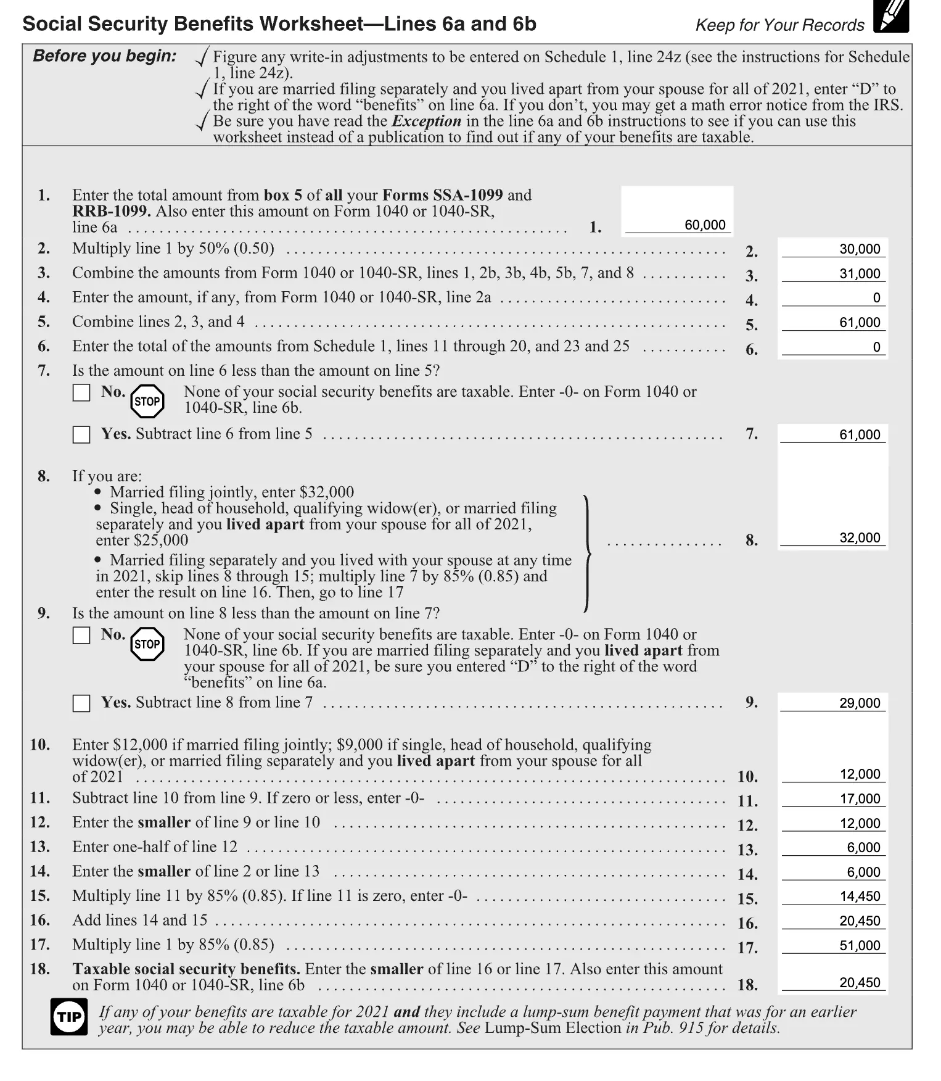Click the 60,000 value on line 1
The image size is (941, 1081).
point(704,225)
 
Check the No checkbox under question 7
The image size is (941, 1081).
point(81,392)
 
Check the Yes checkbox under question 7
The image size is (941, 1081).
point(81,434)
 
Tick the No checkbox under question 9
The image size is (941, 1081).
point(81,636)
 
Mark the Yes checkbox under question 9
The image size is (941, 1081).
point(81,703)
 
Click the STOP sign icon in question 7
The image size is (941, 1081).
point(147,402)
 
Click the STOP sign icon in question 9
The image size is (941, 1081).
point(147,644)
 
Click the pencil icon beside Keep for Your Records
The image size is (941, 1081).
point(891,17)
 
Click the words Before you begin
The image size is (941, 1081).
point(104,56)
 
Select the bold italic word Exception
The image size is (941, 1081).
point(426,121)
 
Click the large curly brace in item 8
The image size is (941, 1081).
point(588,553)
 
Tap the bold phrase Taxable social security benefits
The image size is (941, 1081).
point(186,969)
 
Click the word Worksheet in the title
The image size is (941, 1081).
point(311,24)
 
